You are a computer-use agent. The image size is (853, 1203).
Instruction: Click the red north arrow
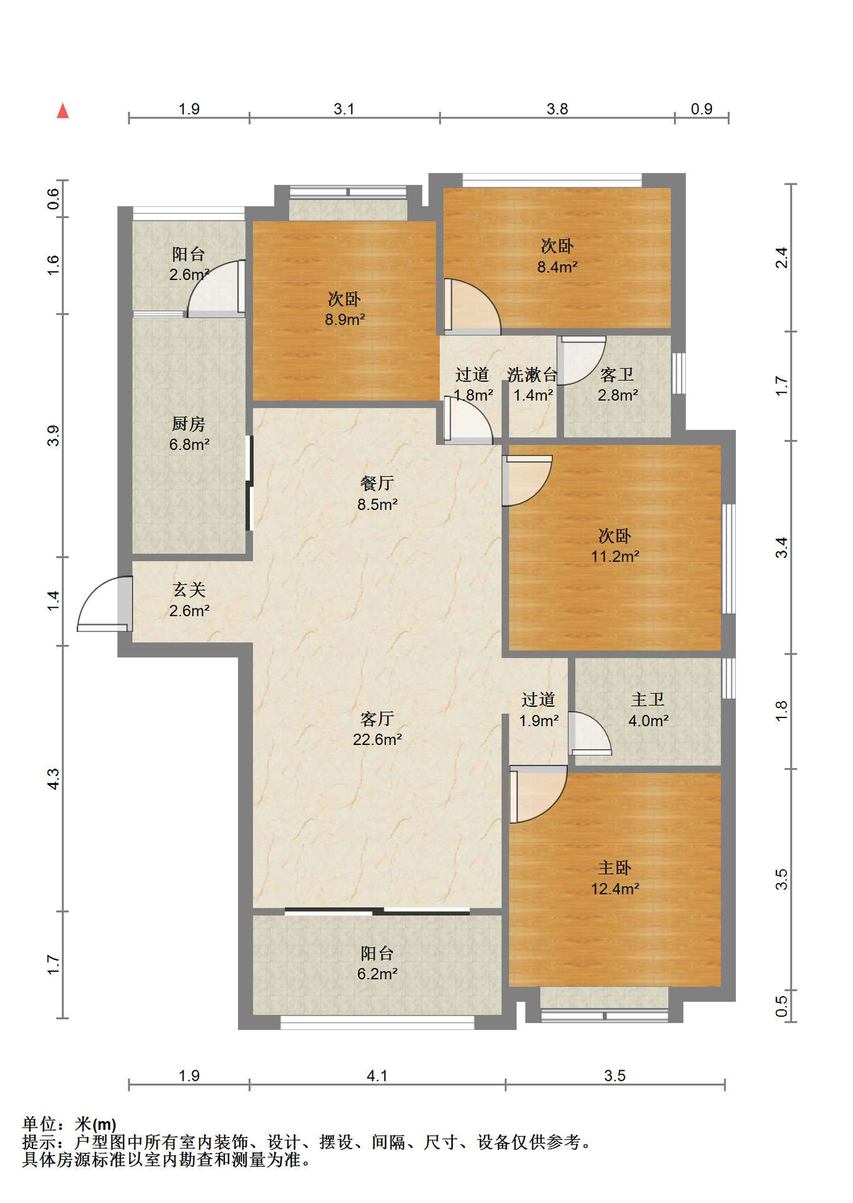point(63,111)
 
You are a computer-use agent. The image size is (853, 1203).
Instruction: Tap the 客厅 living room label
point(377,718)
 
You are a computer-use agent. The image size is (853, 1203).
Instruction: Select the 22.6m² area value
point(377,739)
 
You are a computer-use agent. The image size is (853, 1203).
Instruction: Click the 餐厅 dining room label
point(377,483)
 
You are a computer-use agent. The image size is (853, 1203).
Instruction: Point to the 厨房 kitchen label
point(189,424)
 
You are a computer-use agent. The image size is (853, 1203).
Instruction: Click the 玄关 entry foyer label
point(189,590)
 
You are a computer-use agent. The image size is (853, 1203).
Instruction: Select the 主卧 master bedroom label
point(614,868)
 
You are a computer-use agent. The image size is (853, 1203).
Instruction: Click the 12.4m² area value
point(615,888)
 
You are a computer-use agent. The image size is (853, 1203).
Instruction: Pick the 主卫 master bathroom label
point(648,699)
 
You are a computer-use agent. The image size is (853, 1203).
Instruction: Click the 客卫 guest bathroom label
point(617,375)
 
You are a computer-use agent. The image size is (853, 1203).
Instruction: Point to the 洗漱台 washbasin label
point(532,375)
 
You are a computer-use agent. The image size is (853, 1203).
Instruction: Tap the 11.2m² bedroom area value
point(615,556)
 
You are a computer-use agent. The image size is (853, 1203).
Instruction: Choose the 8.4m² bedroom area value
point(557,267)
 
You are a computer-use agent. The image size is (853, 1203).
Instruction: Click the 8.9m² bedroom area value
point(345,320)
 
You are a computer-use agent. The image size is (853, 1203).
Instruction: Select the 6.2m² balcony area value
point(377,974)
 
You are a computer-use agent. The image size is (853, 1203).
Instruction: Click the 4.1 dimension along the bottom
point(377,1076)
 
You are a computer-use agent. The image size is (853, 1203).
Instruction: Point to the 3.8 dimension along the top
point(557,109)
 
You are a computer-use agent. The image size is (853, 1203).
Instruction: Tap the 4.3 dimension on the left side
point(53,779)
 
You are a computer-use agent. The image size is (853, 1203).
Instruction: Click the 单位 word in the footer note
point(39,1124)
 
